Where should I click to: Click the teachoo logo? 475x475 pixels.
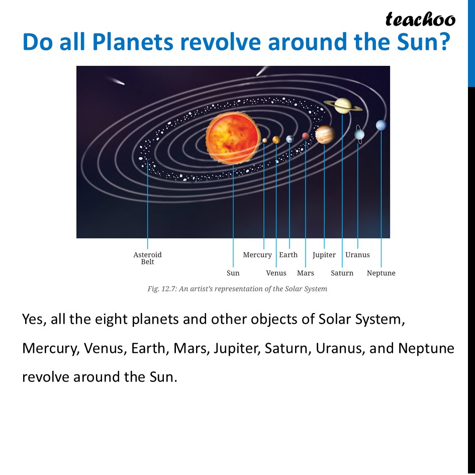point(420,19)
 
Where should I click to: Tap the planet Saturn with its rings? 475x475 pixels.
point(343,105)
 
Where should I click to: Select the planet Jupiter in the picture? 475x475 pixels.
point(325,135)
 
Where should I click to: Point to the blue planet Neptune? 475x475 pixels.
point(381,125)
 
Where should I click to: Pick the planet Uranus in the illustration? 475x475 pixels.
point(359,134)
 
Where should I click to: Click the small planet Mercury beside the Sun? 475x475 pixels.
point(264,141)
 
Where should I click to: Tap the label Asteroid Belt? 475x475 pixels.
point(147,258)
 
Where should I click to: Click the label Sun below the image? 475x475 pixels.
point(233,273)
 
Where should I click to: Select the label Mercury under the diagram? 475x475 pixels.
point(257,255)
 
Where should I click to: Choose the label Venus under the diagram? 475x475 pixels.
point(276,273)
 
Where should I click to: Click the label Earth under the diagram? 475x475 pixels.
point(289,255)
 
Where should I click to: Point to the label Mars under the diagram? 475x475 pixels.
point(305,273)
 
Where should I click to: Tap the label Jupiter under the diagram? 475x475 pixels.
point(324,255)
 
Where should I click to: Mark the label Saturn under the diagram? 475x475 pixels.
point(342,273)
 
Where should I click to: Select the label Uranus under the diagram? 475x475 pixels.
point(357,255)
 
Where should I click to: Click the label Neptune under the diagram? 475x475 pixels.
point(381,273)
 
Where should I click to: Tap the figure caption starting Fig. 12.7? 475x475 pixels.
point(237,289)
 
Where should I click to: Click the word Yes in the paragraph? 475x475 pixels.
point(34,320)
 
